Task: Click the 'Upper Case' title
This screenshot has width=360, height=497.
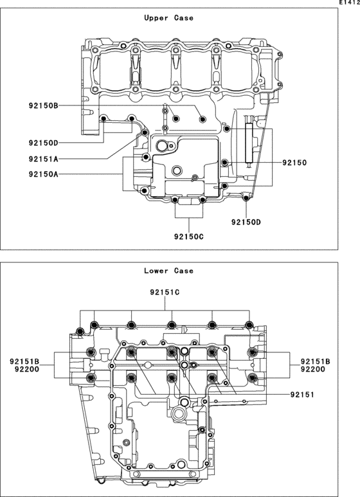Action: coord(168,18)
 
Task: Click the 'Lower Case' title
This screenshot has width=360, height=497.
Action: coord(168,271)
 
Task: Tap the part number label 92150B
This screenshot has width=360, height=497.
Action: coord(44,105)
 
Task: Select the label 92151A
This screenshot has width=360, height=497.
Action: coord(44,159)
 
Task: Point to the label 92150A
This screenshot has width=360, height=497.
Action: coord(44,174)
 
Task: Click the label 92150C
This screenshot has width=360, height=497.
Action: coord(188,237)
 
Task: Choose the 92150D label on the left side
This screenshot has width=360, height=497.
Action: coord(44,143)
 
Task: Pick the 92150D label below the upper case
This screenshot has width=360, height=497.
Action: coord(246,222)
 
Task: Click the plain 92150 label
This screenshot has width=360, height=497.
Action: coord(294,163)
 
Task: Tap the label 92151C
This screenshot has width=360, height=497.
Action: coord(165,293)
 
